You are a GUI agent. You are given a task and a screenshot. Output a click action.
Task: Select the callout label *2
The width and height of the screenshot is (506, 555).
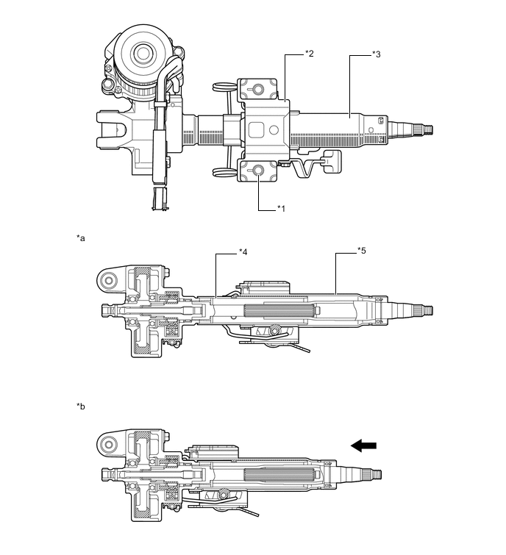310,54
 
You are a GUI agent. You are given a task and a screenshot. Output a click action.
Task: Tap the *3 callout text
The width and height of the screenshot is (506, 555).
375,54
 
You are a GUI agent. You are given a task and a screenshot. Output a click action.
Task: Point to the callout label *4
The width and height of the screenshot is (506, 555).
243,252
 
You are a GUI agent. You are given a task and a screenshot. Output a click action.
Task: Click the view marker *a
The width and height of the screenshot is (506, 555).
80,238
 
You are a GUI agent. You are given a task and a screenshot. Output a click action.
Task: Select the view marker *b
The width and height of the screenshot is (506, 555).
80,405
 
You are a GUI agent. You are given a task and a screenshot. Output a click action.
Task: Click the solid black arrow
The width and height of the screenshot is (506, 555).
365,445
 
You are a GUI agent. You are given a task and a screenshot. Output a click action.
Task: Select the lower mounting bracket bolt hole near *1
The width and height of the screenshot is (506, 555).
260,172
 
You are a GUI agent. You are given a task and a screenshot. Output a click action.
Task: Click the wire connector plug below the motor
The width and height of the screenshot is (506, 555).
157,198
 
